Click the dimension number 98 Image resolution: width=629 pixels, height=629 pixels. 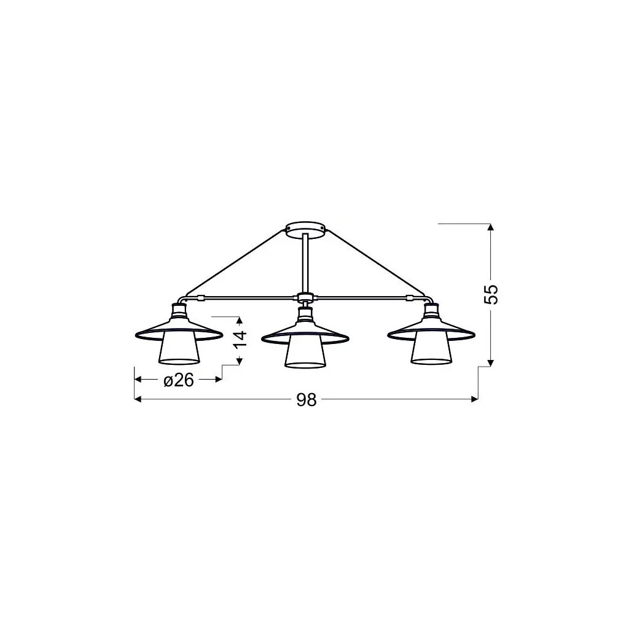tap(306, 400)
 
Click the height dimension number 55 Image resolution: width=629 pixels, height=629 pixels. tap(491, 294)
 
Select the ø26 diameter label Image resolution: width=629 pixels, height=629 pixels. tap(179, 381)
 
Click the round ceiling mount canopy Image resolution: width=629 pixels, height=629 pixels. tap(306, 228)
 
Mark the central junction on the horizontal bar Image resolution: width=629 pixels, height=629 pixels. tap(305, 299)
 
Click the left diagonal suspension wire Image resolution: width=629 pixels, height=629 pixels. tap(235, 262)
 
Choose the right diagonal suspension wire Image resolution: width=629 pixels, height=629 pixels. tap(376, 262)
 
